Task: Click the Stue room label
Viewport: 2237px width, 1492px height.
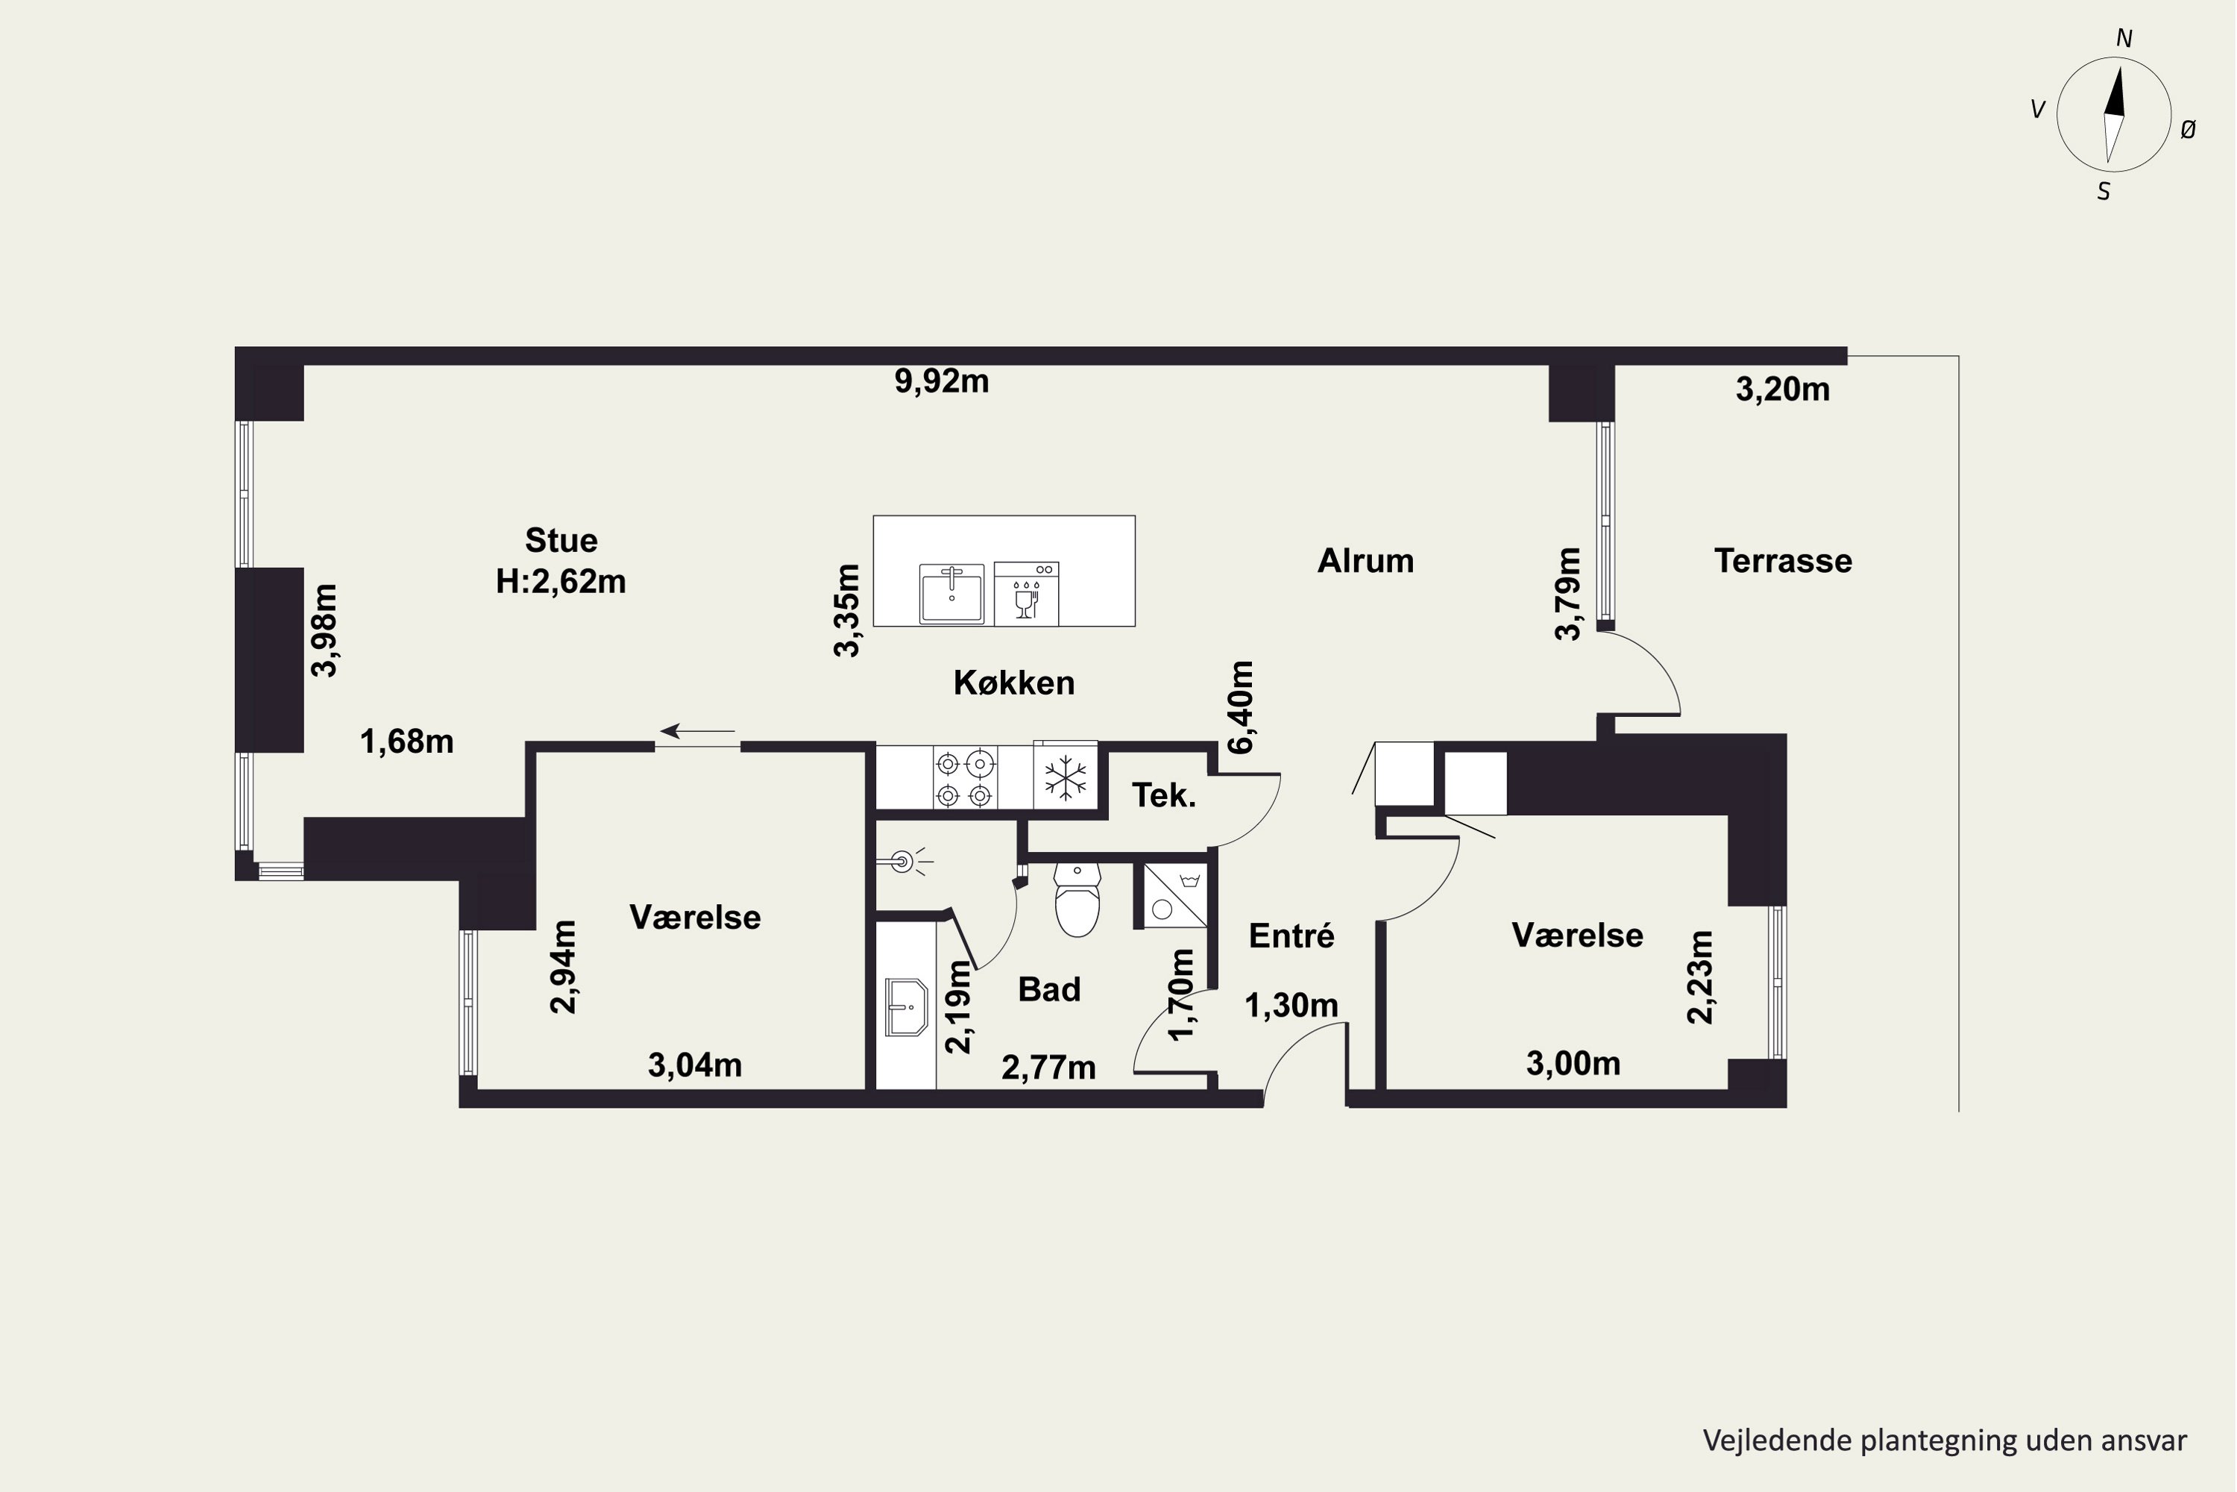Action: (x=561, y=540)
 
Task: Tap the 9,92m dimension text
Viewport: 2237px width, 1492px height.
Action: (x=942, y=381)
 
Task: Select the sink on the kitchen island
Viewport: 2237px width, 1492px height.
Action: (x=951, y=594)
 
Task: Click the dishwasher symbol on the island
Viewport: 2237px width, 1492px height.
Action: (x=1026, y=594)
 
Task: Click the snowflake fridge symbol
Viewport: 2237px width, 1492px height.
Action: (x=1066, y=777)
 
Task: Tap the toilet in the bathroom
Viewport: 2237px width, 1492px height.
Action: (x=1077, y=899)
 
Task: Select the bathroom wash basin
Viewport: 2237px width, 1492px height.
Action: (x=907, y=1006)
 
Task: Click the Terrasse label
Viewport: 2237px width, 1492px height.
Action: (x=1784, y=562)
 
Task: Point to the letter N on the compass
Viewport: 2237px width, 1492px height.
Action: (x=2124, y=39)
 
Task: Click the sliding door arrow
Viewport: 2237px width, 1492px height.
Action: (x=698, y=731)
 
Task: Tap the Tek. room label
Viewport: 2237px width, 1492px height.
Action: (x=1164, y=795)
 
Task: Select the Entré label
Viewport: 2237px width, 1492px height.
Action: (x=1291, y=936)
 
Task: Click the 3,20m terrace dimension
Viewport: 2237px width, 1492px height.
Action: (x=1784, y=389)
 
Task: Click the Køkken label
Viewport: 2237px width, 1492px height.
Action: (x=1014, y=683)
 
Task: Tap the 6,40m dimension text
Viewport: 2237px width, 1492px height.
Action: (x=1242, y=707)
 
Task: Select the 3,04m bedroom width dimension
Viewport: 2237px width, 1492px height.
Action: (x=695, y=1065)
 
